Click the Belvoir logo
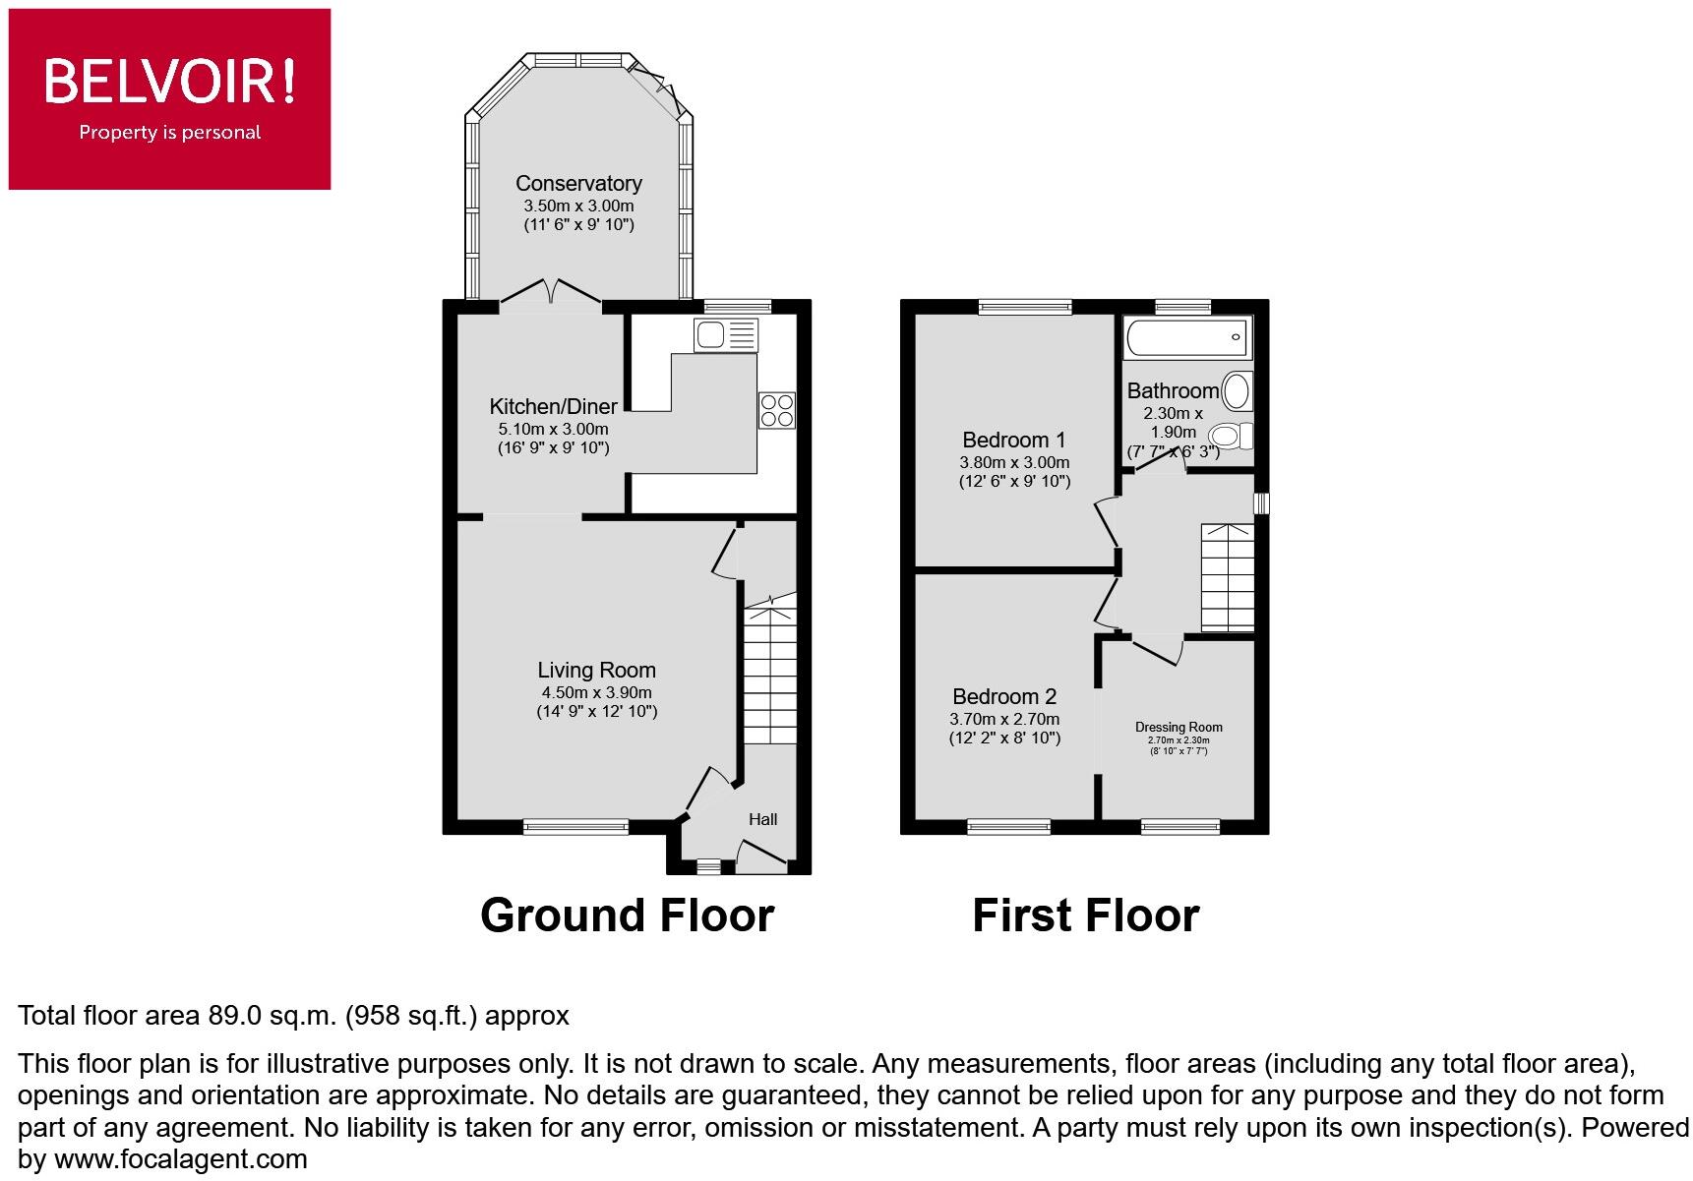click(169, 98)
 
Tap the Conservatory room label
click(578, 184)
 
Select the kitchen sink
click(726, 335)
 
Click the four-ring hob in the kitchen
click(776, 410)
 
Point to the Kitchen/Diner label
click(554, 406)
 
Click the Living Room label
click(596, 671)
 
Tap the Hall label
click(762, 819)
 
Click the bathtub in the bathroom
click(1187, 337)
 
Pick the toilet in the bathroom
click(1230, 435)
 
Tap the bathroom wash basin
click(1236, 391)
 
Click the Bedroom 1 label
click(1013, 440)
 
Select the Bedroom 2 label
click(1004, 697)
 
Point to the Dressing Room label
click(1179, 728)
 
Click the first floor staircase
click(1227, 577)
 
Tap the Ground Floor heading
click(627, 915)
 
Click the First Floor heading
click(1085, 915)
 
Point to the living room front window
click(575, 827)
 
